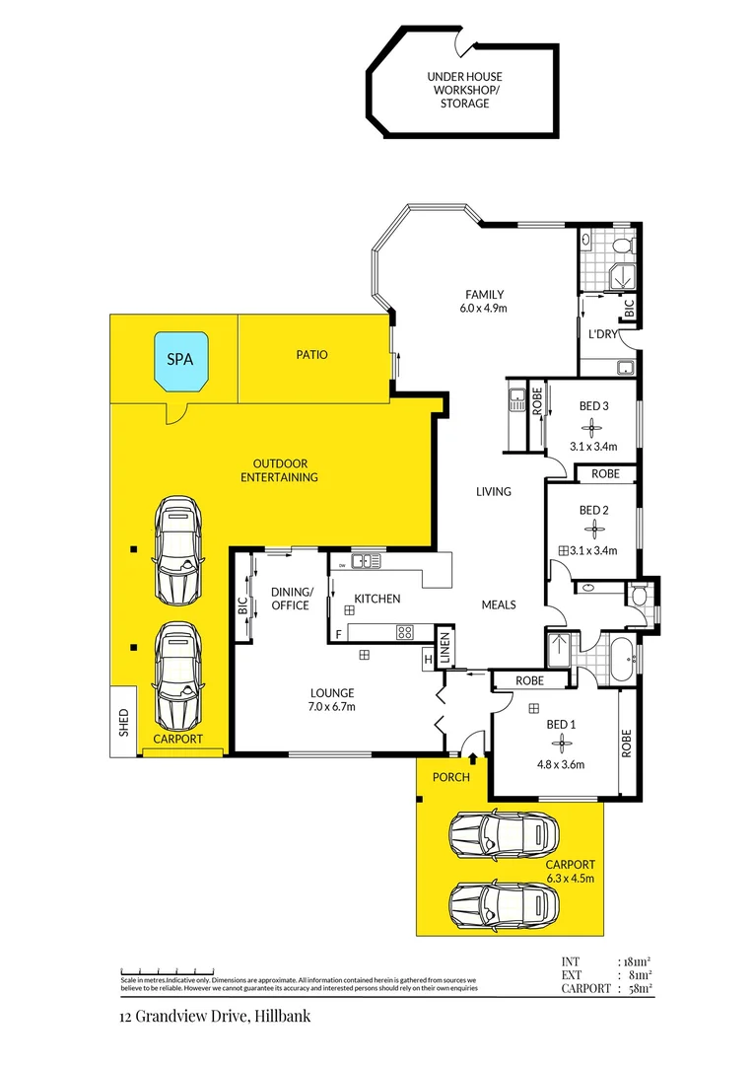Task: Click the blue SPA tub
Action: click(179, 360)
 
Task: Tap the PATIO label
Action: click(311, 354)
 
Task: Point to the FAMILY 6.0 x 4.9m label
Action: click(485, 301)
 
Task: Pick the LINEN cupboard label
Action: click(445, 648)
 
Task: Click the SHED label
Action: click(123, 723)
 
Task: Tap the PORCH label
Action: click(452, 777)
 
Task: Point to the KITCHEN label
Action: click(377, 599)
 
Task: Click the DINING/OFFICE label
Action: click(291, 598)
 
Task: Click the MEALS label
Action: click(498, 604)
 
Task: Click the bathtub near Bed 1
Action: click(615, 660)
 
